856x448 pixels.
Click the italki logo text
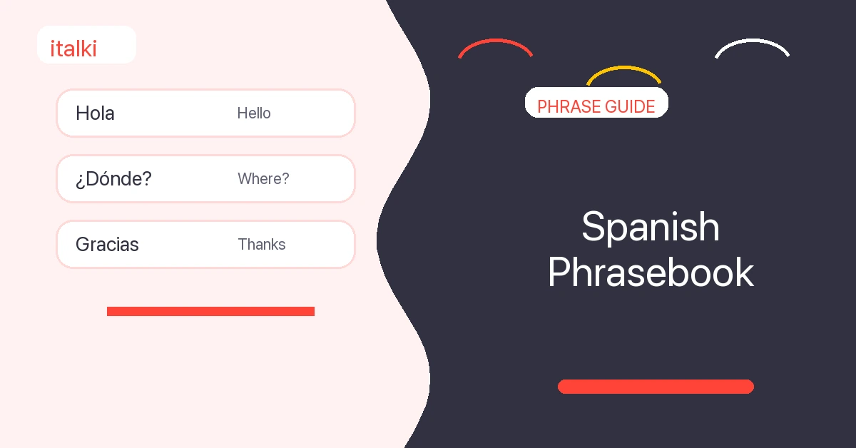[x=73, y=49]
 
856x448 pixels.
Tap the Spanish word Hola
[x=95, y=113]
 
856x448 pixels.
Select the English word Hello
[x=254, y=113]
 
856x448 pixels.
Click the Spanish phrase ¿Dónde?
[x=113, y=179]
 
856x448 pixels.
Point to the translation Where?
[x=263, y=178]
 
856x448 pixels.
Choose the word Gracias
[x=107, y=244]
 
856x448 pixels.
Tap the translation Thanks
[x=262, y=244]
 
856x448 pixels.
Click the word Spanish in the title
[x=651, y=227]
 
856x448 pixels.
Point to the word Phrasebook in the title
[x=651, y=273]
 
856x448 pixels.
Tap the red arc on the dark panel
[x=495, y=41]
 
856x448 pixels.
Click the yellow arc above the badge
[x=623, y=68]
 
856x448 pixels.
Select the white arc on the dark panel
[x=752, y=40]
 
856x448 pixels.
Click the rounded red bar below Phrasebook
[x=656, y=387]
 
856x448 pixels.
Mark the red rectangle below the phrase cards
[x=210, y=311]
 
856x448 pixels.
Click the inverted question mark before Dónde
[x=80, y=181]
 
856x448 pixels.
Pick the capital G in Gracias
[x=83, y=244]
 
